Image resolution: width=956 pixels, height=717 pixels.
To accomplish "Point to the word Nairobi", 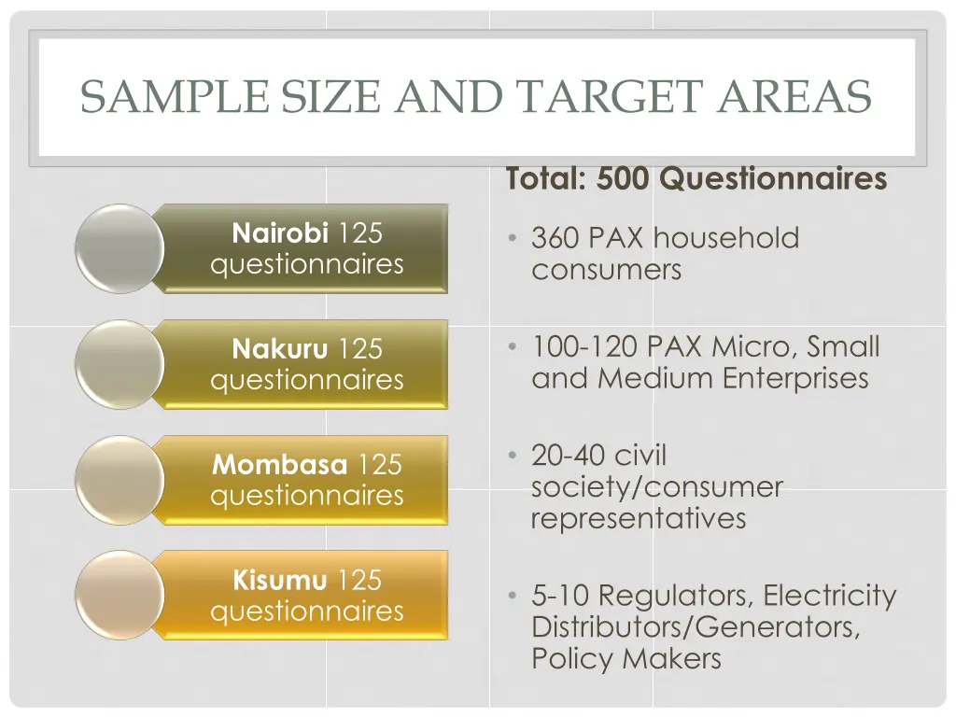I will [x=280, y=232].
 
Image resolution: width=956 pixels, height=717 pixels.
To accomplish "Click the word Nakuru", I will [x=280, y=349].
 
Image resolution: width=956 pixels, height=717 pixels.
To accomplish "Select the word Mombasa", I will [x=280, y=464].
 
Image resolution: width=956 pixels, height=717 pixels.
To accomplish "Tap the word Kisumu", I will [x=280, y=580].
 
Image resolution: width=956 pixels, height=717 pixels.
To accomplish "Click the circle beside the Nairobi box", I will [x=119, y=248].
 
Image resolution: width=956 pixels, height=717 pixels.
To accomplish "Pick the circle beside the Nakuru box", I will [x=119, y=364].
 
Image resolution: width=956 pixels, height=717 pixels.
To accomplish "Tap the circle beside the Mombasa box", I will [x=119, y=480].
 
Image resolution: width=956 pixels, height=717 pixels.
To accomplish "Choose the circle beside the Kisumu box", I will [x=119, y=595].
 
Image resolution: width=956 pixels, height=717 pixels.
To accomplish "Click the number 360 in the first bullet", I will [x=556, y=238].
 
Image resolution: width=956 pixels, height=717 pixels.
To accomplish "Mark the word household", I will [x=725, y=238].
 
